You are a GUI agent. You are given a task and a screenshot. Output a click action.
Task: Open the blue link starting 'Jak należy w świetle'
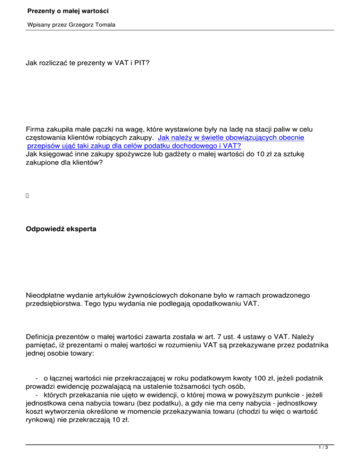point(232,138)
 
